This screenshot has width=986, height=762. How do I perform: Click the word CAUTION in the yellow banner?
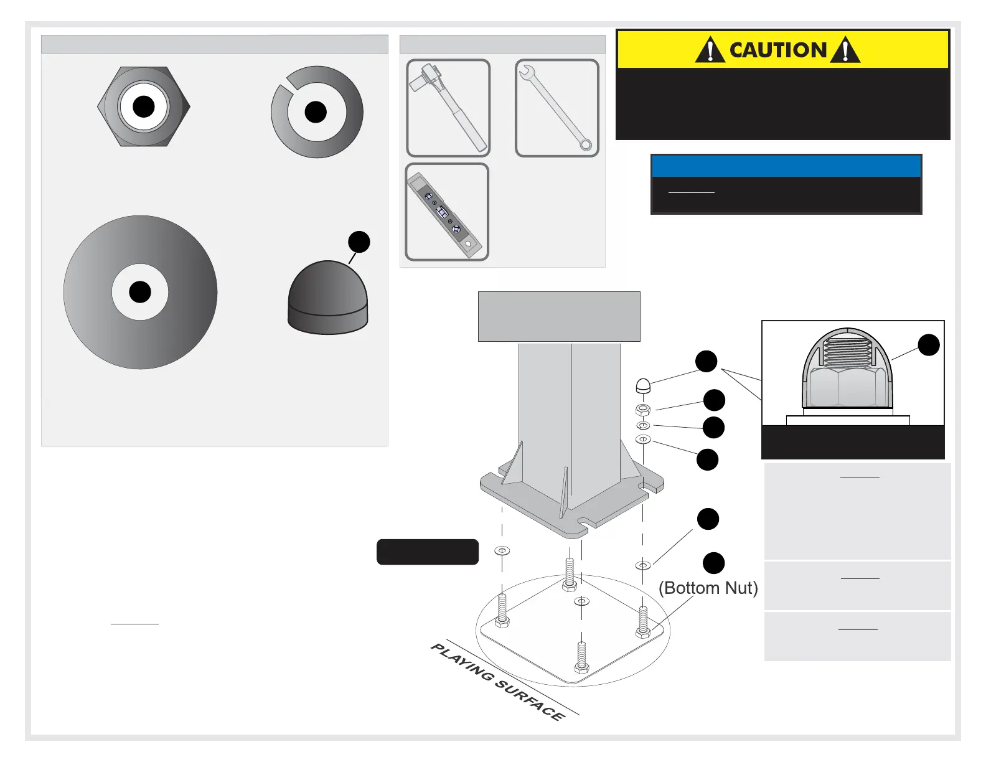(777, 50)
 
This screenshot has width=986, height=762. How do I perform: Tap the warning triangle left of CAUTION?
(710, 50)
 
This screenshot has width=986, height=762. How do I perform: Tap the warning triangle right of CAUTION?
(845, 50)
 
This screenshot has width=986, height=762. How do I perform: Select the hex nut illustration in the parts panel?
(144, 106)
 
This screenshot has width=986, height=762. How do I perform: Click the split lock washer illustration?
(317, 112)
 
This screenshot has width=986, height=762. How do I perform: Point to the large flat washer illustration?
(140, 292)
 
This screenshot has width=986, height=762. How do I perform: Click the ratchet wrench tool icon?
(448, 108)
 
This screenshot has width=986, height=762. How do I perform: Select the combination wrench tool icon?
(557, 108)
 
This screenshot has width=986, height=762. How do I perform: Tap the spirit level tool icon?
(447, 212)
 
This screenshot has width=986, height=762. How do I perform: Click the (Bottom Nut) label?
(708, 588)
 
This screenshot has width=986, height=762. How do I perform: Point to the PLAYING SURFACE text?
(498, 682)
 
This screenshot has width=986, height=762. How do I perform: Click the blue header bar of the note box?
(786, 166)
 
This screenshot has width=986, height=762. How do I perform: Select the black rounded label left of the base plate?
(428, 552)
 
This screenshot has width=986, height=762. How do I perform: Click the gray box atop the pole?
(559, 316)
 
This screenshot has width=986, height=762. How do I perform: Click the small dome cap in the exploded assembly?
(643, 387)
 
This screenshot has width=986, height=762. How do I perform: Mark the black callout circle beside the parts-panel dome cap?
(359, 242)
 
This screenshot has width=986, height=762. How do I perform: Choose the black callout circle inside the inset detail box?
(928, 345)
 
